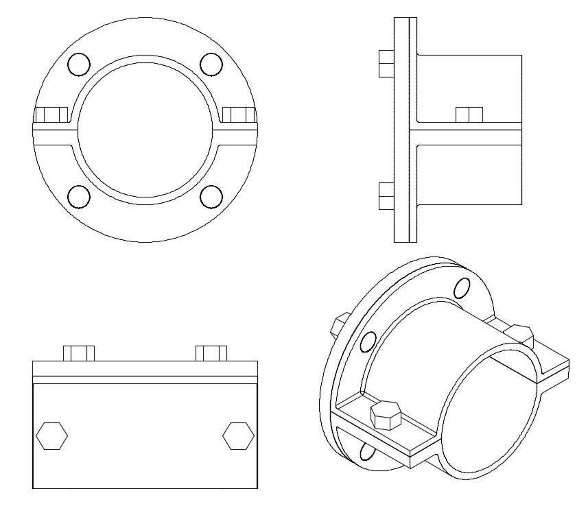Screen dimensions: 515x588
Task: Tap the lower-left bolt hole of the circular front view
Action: point(80,196)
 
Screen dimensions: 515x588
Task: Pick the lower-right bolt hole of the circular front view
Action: point(211,196)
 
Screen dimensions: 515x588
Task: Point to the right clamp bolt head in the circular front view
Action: point(238,114)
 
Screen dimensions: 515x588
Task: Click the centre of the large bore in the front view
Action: point(145,130)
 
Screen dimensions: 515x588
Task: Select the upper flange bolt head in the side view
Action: point(386,63)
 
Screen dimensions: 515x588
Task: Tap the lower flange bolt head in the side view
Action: point(386,195)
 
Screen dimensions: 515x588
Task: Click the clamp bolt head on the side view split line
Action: point(469,114)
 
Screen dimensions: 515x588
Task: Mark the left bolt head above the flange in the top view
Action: point(78,353)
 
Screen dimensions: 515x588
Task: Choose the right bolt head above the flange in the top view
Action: point(211,353)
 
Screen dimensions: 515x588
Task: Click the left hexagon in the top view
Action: point(52,436)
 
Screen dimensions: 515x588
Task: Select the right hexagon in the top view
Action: point(239,436)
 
